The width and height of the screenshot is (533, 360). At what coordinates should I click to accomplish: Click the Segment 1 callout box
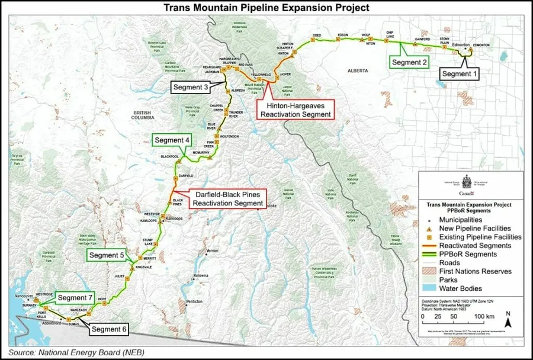coord(460,74)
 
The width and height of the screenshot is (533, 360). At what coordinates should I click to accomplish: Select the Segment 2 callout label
coord(409,62)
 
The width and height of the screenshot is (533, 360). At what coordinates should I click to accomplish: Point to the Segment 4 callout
coord(172,140)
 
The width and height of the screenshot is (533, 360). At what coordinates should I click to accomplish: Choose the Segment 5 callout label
coord(107,255)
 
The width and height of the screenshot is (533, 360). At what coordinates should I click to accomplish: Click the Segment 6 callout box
coord(110,329)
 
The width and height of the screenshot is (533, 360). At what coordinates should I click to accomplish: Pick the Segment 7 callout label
coord(76,297)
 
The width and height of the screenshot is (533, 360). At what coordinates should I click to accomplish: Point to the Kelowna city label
coord(201,276)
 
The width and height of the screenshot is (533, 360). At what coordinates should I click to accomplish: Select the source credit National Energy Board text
coord(76,352)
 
